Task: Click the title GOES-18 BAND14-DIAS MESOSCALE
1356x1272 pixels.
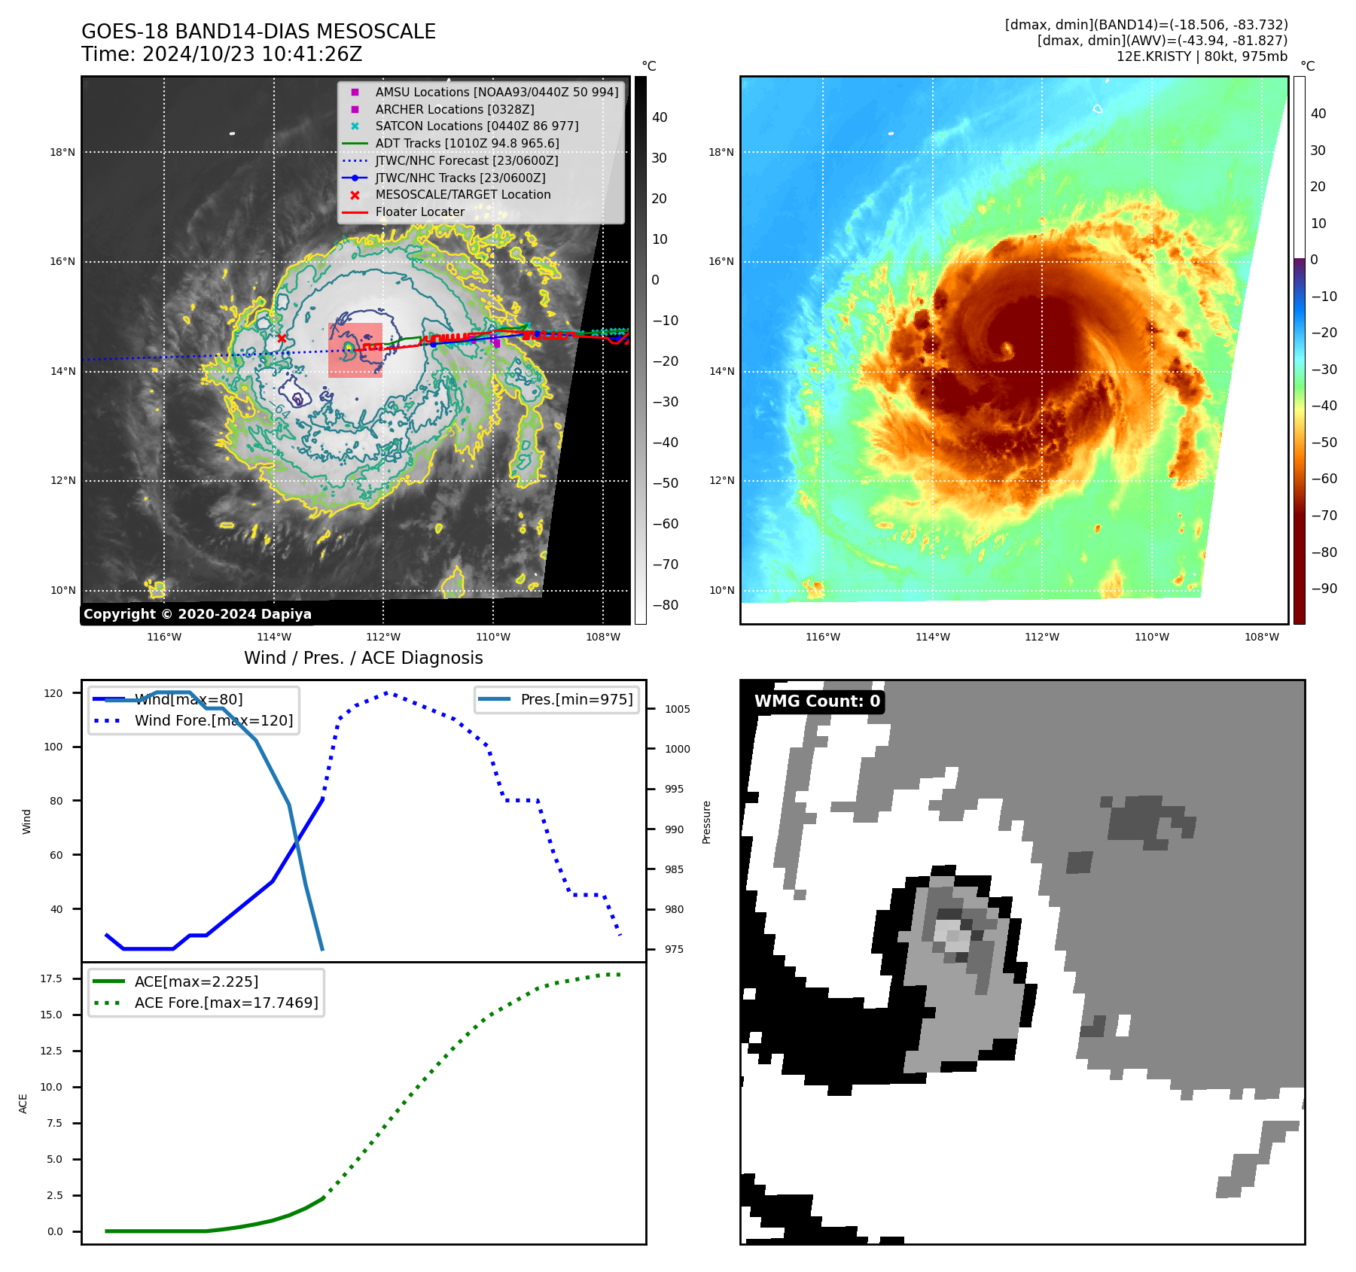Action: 258,32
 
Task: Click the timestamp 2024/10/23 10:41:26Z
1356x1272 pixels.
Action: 251,55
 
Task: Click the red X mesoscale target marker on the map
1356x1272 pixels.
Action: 282,339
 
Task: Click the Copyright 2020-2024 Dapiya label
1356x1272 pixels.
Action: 197,614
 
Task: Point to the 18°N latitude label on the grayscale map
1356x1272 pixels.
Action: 62,152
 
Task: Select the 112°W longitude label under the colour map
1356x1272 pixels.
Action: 1042,637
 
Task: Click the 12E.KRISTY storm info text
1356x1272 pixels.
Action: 1202,56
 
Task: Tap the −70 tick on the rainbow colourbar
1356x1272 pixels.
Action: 1324,516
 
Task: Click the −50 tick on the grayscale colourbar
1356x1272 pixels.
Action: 665,483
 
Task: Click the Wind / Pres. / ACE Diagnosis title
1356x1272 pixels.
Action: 363,658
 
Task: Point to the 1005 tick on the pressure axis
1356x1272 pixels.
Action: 677,709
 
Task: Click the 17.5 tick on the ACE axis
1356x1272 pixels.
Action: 51,978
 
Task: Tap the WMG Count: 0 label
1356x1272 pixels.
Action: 817,701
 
